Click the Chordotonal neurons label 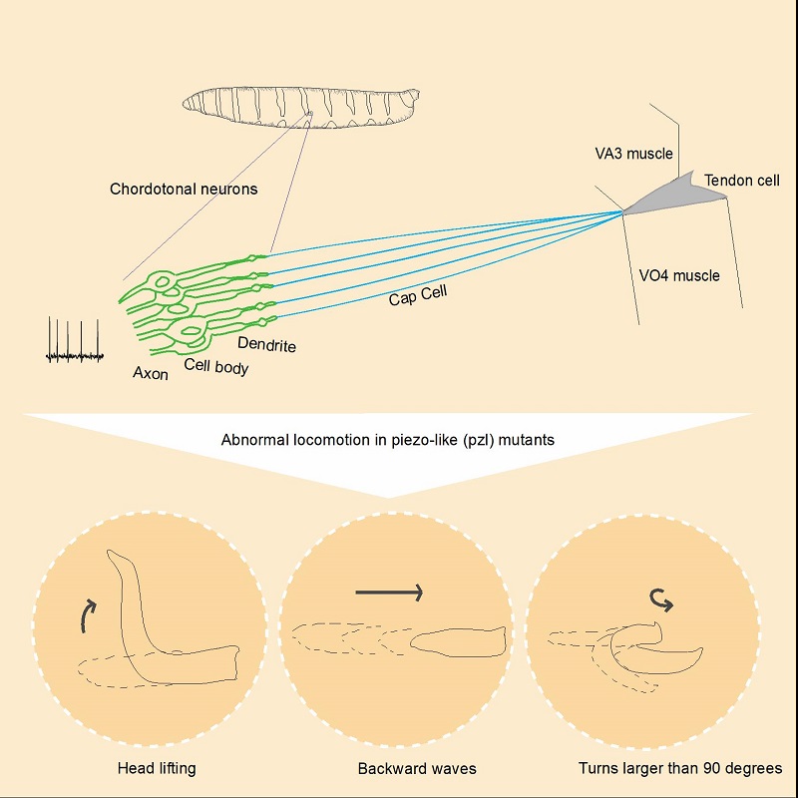pos(184,189)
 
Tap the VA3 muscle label pos(633,154)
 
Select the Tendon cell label pos(741,181)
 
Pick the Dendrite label pos(266,345)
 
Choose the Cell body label pos(216,366)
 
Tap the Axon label pos(152,373)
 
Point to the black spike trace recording pos(75,342)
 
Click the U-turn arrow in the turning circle pos(659,598)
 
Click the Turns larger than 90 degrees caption pos(680,769)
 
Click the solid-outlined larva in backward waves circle pos(459,641)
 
